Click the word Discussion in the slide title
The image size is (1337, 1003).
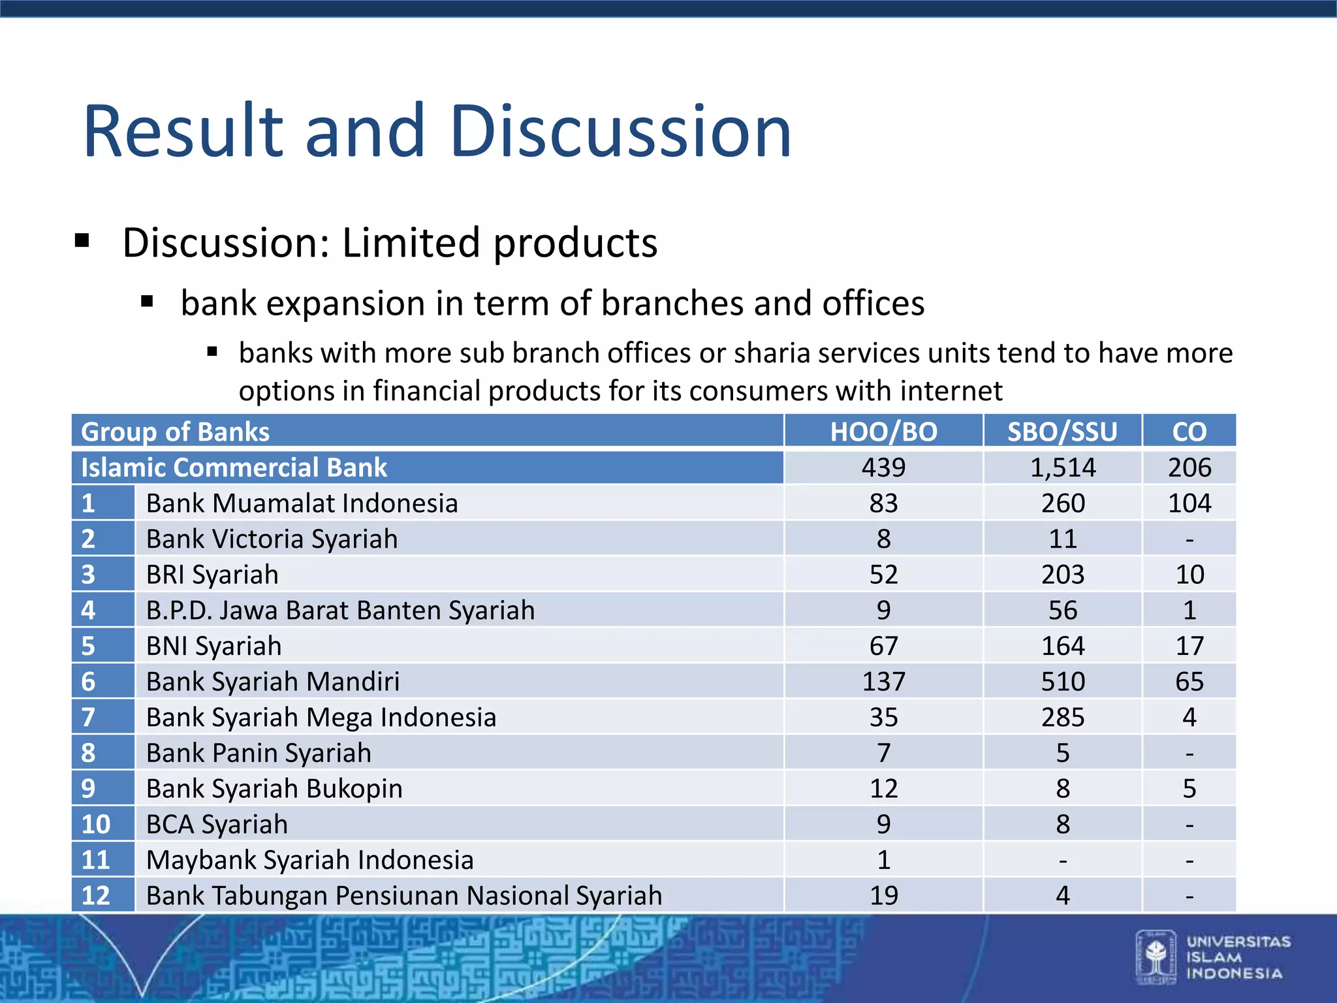pyautogui.click(x=620, y=132)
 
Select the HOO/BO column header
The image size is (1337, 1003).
pyautogui.click(x=883, y=432)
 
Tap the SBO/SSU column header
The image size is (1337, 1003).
pyautogui.click(x=1062, y=432)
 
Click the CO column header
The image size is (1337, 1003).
pyautogui.click(x=1189, y=432)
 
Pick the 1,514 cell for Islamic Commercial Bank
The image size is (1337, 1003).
pyautogui.click(x=1062, y=468)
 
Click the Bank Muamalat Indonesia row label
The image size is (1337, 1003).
pyautogui.click(x=302, y=503)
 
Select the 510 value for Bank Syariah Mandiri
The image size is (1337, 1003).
pyautogui.click(x=1062, y=682)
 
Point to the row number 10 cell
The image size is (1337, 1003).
pyautogui.click(x=96, y=825)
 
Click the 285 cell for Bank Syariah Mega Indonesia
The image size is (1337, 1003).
pyautogui.click(x=1062, y=718)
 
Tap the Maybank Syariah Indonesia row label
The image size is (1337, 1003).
pyautogui.click(x=309, y=860)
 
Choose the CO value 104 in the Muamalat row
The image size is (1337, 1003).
pyautogui.click(x=1189, y=503)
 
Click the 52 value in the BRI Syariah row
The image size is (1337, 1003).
pyautogui.click(x=883, y=575)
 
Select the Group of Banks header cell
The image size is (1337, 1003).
pyautogui.click(x=175, y=432)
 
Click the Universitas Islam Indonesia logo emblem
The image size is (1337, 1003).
pyautogui.click(x=1156, y=957)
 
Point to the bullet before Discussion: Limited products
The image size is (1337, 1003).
pyautogui.click(x=82, y=241)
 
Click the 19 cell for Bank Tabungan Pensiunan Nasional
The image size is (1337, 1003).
pyautogui.click(x=883, y=896)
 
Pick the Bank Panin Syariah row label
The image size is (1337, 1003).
pyautogui.click(x=259, y=753)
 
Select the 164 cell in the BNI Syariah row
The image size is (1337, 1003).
pyautogui.click(x=1062, y=646)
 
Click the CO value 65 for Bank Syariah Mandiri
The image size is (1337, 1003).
pyautogui.click(x=1189, y=682)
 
